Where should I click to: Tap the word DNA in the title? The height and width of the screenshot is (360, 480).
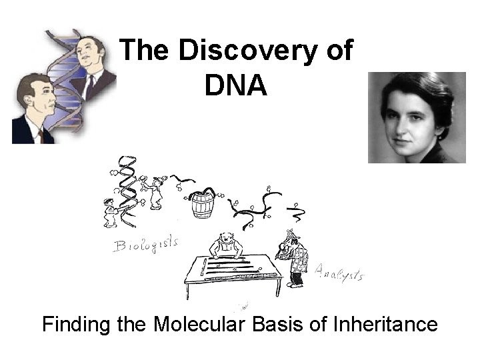pyautogui.click(x=237, y=85)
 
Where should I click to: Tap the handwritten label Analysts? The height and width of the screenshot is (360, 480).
pyautogui.click(x=339, y=272)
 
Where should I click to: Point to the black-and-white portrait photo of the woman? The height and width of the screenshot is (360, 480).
pyautogui.click(x=417, y=117)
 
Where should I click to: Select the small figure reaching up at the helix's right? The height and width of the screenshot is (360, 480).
pyautogui.click(x=155, y=193)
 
